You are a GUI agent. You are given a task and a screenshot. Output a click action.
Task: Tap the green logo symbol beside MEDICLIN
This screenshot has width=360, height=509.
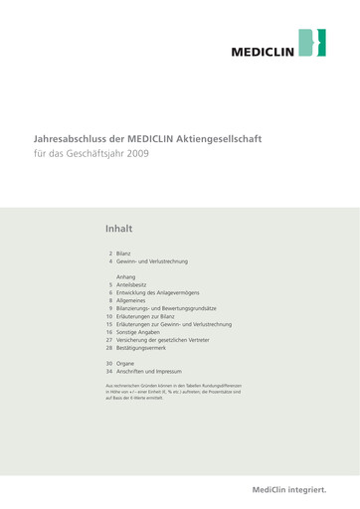tap(313, 43)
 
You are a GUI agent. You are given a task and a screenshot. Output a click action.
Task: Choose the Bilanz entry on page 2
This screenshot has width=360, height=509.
tap(123, 254)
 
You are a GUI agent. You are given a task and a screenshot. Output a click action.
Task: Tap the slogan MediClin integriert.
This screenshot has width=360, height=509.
tap(288, 489)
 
